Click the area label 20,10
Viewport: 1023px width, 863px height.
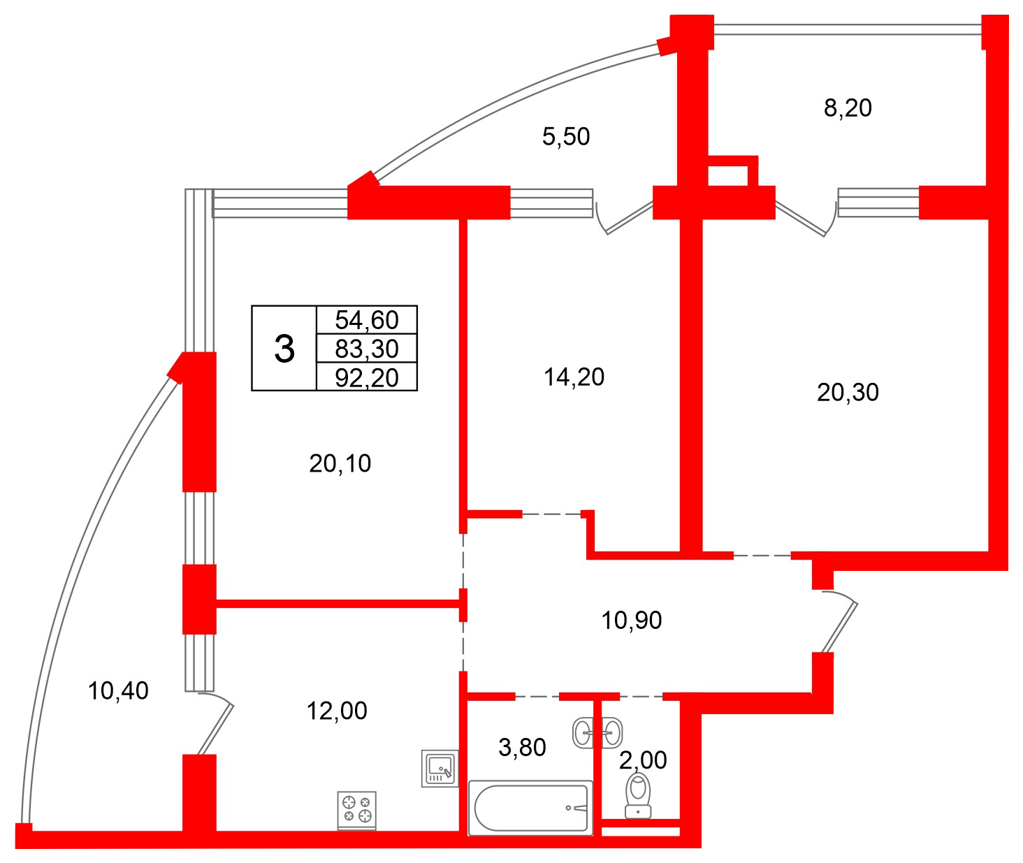pos(340,463)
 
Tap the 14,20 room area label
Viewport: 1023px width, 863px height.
pos(574,377)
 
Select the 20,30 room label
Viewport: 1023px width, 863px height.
pos(848,393)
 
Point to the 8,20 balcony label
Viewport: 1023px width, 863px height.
pos(848,108)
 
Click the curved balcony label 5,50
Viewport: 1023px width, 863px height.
pos(566,136)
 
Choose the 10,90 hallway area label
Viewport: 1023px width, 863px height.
pos(632,621)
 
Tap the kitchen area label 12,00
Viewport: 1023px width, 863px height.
pos(337,711)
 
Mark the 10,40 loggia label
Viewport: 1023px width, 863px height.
pos(118,691)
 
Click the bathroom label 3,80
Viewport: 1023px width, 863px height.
pos(522,748)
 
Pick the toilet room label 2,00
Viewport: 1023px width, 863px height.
pos(643,760)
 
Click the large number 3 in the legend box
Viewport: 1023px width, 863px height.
pos(284,349)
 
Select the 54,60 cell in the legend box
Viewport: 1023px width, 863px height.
pos(366,320)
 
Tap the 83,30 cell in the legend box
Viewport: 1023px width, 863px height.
pos(366,349)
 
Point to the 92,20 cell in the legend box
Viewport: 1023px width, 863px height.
pos(366,377)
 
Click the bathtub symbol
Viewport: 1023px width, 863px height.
pos(530,808)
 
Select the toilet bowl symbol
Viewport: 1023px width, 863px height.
pos(638,796)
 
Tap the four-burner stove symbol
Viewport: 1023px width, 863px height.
pos(356,811)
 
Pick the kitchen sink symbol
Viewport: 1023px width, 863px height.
pos(440,769)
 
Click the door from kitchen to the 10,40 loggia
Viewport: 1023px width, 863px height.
pos(216,723)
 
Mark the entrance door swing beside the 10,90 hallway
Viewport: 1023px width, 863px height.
pos(839,621)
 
